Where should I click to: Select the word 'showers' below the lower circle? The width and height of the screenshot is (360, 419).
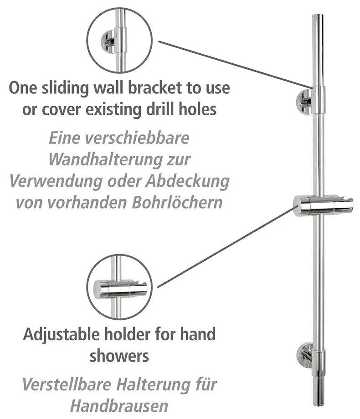119,356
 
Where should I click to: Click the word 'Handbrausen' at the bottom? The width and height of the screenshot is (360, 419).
119,405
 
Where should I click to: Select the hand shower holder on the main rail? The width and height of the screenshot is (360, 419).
323,205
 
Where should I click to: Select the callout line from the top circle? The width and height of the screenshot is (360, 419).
235,64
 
